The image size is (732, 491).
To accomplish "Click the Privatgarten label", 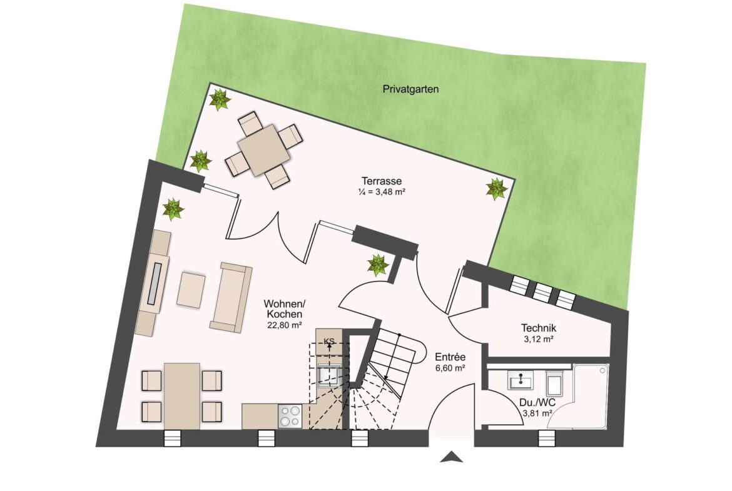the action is [410, 89].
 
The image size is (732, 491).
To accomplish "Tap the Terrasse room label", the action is [382, 181].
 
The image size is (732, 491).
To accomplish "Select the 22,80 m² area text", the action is [284, 325].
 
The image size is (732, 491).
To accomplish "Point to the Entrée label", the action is [450, 357].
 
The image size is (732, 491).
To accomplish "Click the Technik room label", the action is [539, 328].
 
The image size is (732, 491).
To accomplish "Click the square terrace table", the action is [264, 150].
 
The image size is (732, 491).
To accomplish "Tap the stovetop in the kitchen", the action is [290, 416].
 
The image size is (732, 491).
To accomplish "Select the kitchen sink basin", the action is [328, 375].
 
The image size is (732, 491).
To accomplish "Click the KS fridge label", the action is [329, 341].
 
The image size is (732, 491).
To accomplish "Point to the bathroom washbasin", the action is [520, 381].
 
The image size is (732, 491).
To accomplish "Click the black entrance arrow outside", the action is [452, 457].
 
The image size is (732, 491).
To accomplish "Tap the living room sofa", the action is [231, 297].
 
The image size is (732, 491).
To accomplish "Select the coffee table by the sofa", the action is [191, 290].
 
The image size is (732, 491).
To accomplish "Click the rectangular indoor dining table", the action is [182, 396].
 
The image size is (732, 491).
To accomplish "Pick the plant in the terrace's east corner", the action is [496, 189].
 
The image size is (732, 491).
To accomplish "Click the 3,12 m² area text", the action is [539, 339].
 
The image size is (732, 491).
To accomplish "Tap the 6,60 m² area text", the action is [450, 368].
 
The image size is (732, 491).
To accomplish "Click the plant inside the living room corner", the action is [173, 209].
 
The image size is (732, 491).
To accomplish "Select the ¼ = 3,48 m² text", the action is [382, 192].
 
